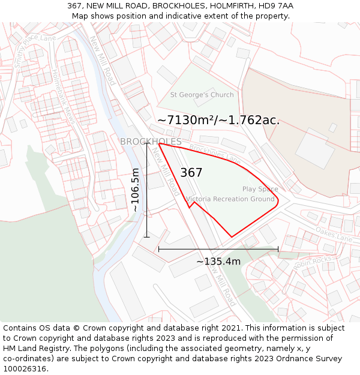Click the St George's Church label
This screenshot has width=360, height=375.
click(202, 95)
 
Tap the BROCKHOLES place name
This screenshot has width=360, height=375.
click(151, 142)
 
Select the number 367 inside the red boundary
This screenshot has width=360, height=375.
click(191, 173)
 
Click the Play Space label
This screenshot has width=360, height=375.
click(260, 189)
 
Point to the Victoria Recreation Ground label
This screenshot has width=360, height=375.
click(230, 199)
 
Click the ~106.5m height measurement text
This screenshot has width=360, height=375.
click(136, 190)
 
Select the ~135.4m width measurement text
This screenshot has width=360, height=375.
click(218, 261)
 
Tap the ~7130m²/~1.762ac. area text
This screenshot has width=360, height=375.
click(218, 120)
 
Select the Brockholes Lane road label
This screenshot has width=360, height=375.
click(214, 155)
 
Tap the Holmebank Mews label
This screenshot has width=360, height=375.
click(64, 97)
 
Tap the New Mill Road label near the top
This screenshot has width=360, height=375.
click(103, 60)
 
